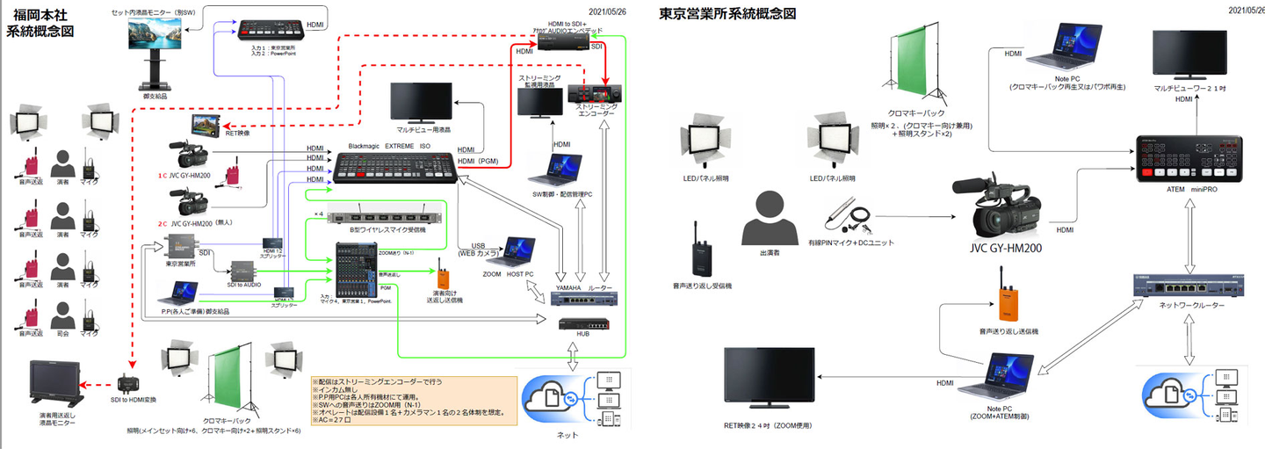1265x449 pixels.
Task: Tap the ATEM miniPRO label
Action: [1191, 190]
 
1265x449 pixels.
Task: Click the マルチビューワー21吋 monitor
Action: [1189, 54]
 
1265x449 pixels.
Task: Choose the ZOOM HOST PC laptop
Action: [513, 252]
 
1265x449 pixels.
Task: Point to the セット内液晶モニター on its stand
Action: [155, 39]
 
